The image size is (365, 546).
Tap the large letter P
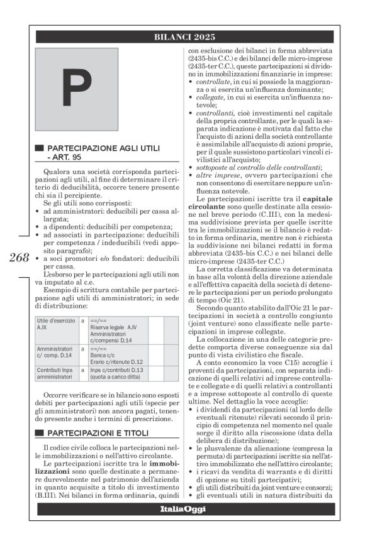76,89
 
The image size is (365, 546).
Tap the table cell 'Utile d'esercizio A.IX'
56,324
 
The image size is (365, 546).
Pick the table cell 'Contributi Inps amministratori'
56,374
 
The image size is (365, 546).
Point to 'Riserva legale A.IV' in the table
114,328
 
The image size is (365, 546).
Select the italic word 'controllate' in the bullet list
213,82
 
